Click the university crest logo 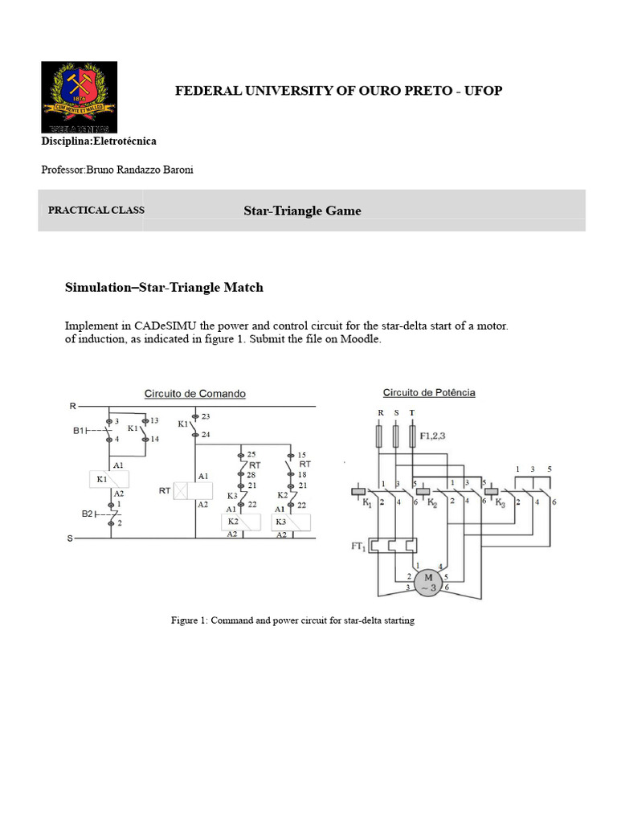pyautogui.click(x=79, y=96)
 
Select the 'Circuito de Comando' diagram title pyautogui.click(x=194, y=394)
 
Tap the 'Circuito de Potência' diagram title pyautogui.click(x=428, y=393)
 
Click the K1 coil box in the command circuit pyautogui.click(x=108, y=480)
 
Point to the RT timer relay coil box pyautogui.click(x=194, y=490)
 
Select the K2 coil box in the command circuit pyautogui.click(x=240, y=522)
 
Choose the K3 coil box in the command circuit pyautogui.click(x=290, y=522)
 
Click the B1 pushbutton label pyautogui.click(x=80, y=431)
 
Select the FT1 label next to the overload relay pyautogui.click(x=357, y=547)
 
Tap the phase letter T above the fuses pyautogui.click(x=412, y=412)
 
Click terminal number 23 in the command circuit pyautogui.click(x=206, y=416)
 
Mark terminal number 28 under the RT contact pyautogui.click(x=251, y=475)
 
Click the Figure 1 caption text pyautogui.click(x=292, y=621)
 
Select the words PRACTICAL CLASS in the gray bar pyautogui.click(x=96, y=211)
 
